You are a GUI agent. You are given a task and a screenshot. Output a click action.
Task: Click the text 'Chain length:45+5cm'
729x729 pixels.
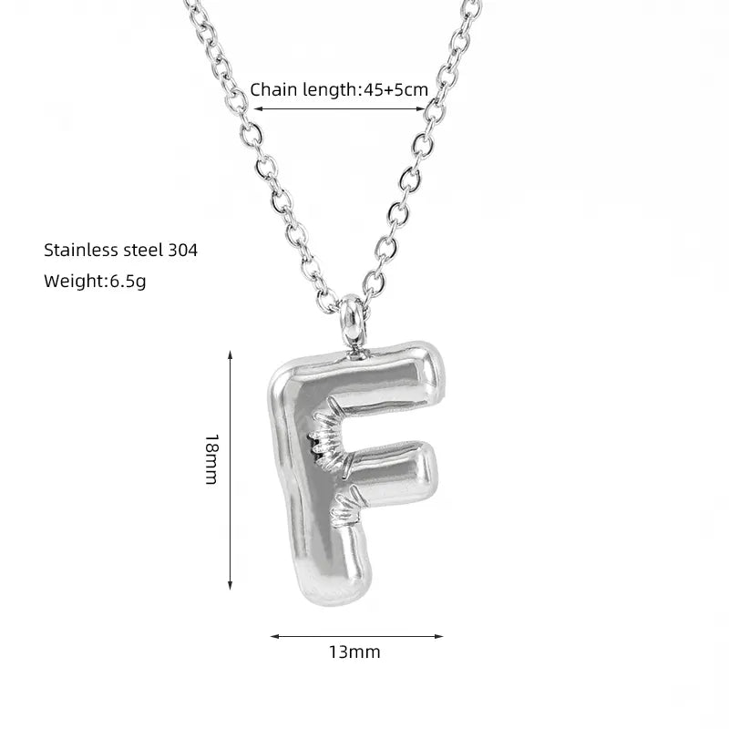(339, 89)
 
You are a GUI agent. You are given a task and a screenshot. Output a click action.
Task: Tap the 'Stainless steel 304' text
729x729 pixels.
(121, 250)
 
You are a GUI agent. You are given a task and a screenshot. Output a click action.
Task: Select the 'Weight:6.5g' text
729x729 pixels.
(95, 282)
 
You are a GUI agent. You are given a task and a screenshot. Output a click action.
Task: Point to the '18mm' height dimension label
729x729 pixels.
(212, 459)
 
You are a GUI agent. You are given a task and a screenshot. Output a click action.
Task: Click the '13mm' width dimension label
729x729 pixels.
(354, 652)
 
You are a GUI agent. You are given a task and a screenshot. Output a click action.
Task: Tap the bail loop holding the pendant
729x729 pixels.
(353, 321)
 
